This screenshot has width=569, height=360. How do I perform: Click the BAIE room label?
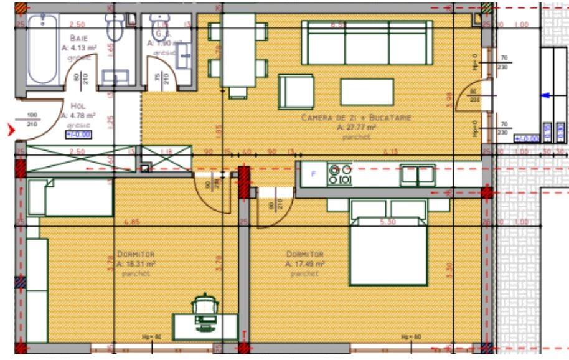[x=78, y=37]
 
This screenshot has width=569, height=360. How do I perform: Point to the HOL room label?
[x=78, y=106]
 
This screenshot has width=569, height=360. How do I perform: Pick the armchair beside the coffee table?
[x=296, y=92]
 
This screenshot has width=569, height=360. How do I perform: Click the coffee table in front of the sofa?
[x=367, y=92]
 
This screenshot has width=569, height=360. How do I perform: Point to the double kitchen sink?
[x=418, y=174]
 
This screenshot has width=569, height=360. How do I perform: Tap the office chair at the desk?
[x=206, y=306]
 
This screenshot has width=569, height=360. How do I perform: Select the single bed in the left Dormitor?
[x=70, y=197]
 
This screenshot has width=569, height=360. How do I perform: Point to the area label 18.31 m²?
[x=136, y=263]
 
